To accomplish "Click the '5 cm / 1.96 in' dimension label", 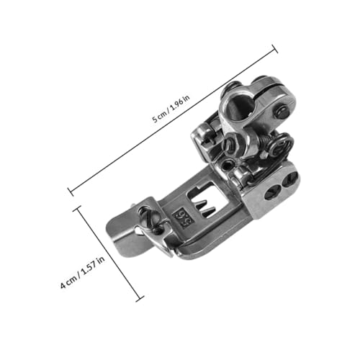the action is (x=171, y=109).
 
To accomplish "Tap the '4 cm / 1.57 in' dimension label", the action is (x=83, y=272).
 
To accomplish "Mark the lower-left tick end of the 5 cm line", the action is (x=71, y=192).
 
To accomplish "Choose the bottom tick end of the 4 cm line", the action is (x=140, y=299).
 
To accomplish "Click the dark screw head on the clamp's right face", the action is (x=283, y=111).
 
